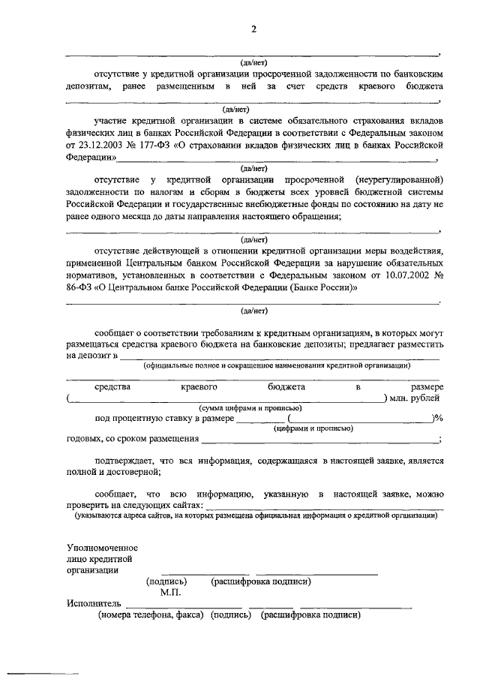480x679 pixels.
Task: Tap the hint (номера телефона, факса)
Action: (151, 614)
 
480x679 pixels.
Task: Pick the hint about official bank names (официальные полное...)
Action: (277, 365)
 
